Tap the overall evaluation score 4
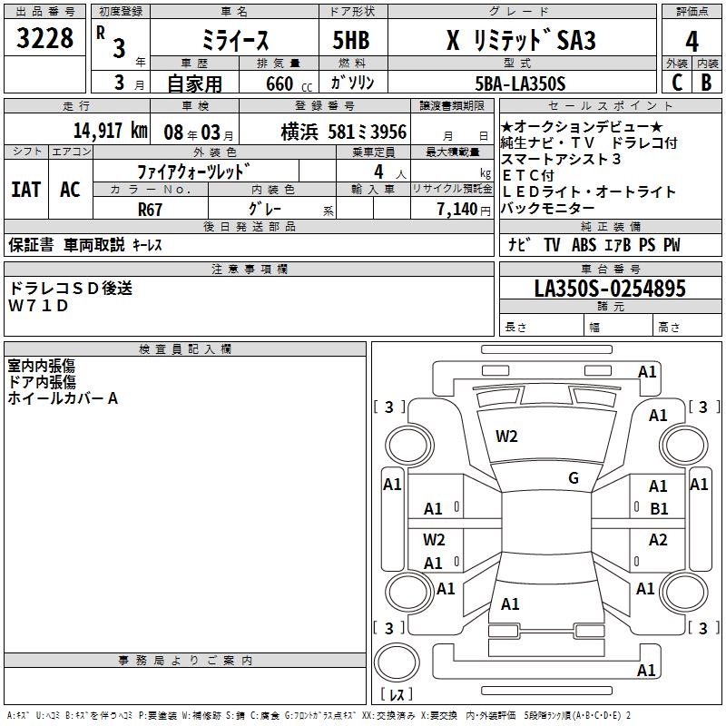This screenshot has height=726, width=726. (x=692, y=42)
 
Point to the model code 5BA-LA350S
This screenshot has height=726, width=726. (x=520, y=83)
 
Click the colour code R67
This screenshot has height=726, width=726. (x=149, y=209)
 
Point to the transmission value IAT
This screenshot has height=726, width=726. (x=26, y=190)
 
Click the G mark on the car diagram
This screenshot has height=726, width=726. (x=573, y=477)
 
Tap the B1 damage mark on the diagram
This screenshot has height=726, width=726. (x=659, y=509)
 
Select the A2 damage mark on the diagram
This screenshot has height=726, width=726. (x=658, y=540)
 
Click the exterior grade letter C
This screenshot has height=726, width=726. (x=676, y=83)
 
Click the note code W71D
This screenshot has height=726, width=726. (x=38, y=306)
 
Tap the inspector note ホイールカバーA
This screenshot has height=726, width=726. (x=64, y=397)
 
